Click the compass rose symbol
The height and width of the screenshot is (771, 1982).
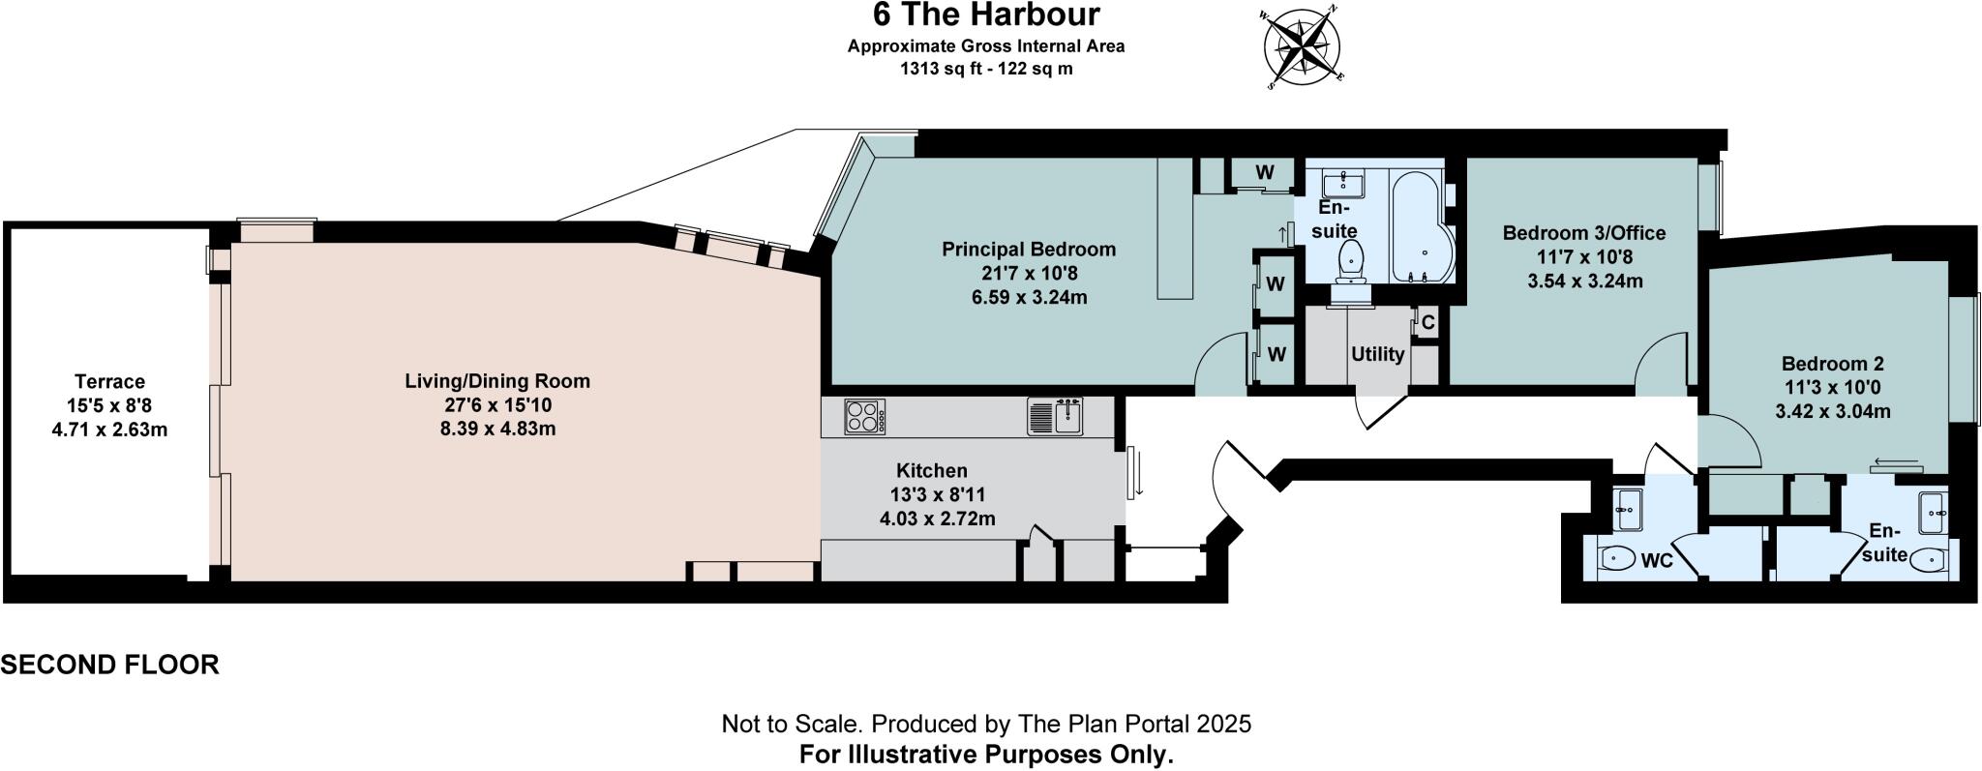1303,45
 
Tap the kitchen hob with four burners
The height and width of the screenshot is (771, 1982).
865,417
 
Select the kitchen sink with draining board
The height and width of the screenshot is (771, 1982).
1056,416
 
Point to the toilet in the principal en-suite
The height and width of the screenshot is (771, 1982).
1350,259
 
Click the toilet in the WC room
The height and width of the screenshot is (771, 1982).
1617,558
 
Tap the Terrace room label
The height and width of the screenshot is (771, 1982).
109,382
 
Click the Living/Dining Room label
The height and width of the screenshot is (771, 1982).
496,381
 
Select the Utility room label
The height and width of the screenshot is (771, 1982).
1377,354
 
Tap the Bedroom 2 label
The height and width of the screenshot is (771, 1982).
1832,364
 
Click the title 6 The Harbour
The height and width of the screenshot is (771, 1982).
986,15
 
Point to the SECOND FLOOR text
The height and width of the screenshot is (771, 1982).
109,665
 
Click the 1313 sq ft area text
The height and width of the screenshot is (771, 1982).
986,69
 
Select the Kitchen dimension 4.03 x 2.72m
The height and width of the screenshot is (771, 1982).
937,519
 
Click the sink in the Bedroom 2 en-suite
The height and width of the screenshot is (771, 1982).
1933,505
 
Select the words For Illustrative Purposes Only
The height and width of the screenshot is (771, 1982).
986,755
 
